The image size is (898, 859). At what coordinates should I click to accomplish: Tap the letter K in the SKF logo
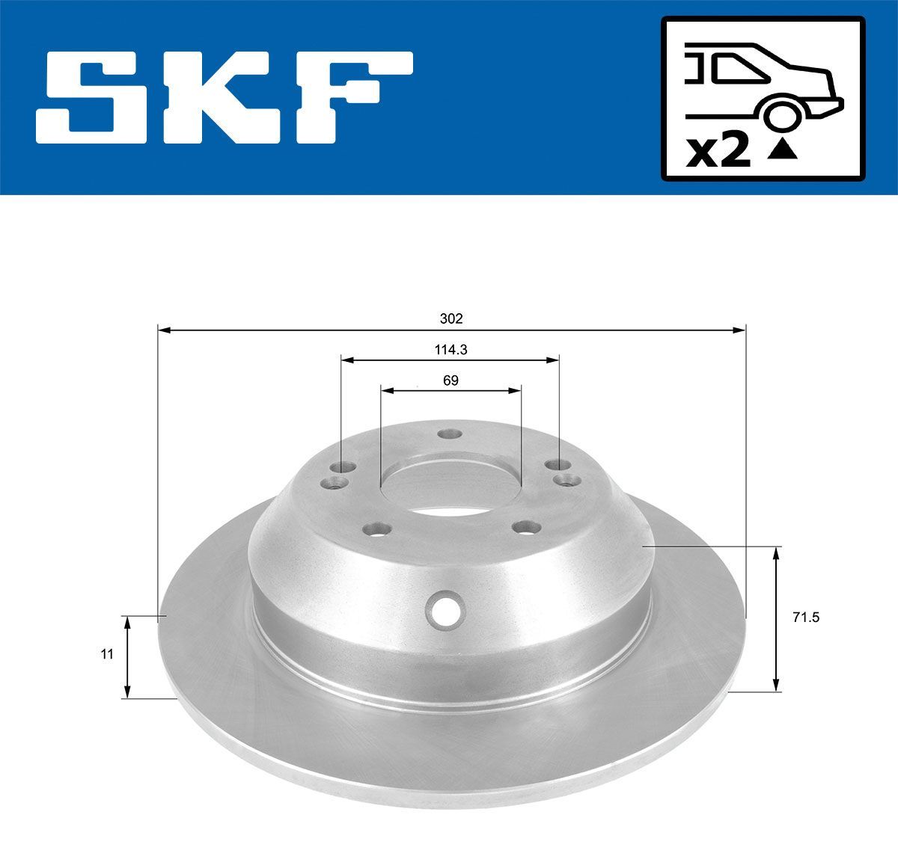click(225, 96)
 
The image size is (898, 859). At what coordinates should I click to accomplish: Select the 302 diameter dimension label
click(451, 318)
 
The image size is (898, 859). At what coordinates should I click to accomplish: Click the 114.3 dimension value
click(451, 349)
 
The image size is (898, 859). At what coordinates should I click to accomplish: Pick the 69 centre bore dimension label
click(450, 380)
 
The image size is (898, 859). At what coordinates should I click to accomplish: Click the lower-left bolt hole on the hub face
click(376, 529)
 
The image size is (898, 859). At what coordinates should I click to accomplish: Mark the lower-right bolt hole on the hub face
click(527, 528)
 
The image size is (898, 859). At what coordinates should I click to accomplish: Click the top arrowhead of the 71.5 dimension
click(777, 552)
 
